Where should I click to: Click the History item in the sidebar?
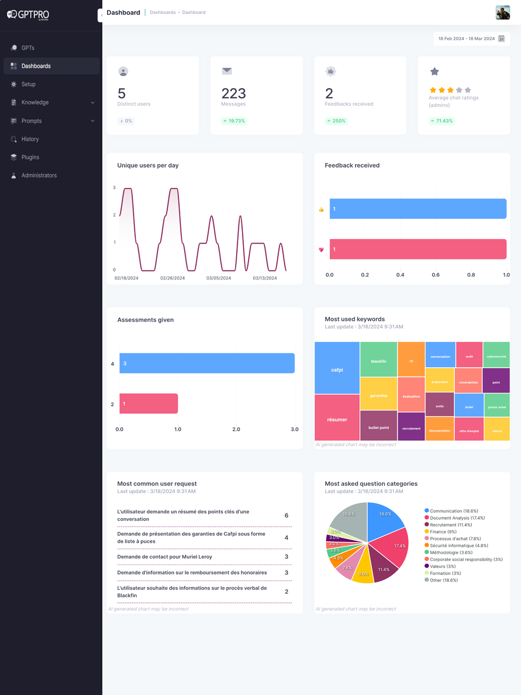[x=30, y=139]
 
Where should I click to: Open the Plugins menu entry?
[x=30, y=157]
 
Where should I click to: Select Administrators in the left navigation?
[x=39, y=175]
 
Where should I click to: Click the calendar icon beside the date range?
[x=501, y=39]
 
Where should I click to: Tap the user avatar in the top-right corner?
[x=502, y=12]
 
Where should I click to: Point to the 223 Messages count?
[x=234, y=94]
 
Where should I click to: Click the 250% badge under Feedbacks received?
[x=336, y=121]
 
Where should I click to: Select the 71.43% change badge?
[x=441, y=121]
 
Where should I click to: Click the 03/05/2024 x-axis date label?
[x=219, y=278]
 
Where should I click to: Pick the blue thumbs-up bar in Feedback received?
[x=418, y=209]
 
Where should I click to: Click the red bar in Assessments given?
[x=148, y=403]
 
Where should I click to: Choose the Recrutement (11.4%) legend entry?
[x=450, y=525]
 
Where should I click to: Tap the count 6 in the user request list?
[x=286, y=516]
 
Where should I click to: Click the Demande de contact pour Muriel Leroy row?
[x=165, y=557]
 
